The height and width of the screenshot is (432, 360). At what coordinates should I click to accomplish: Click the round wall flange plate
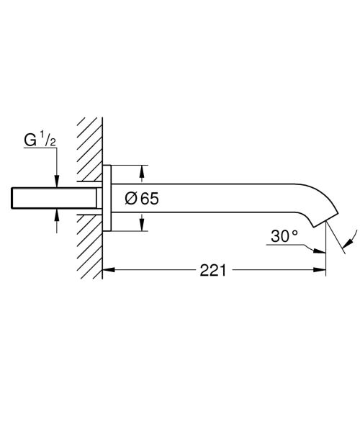pos(107,199)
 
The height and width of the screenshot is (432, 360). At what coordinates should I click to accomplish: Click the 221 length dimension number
pos(214,271)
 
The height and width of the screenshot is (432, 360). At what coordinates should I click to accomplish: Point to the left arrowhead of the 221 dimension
pos(108,271)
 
